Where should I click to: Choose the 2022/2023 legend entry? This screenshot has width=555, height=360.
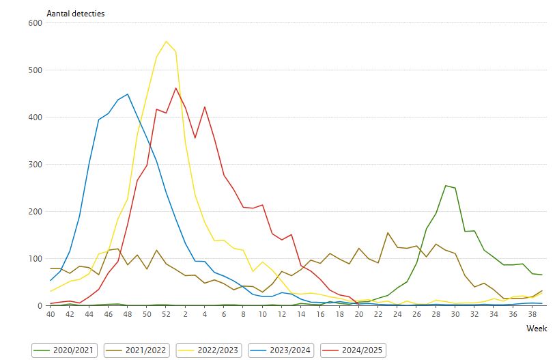point(210,350)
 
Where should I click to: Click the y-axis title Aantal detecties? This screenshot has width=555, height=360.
point(75,14)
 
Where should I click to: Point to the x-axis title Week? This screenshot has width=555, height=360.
point(536,329)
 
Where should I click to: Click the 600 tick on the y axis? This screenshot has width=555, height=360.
point(35,23)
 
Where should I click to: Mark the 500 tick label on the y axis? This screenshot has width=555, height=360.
point(35,70)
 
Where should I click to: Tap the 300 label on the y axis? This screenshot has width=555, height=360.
point(35,164)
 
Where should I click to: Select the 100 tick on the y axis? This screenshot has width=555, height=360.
point(35,258)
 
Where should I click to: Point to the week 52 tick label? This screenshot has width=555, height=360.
point(166,315)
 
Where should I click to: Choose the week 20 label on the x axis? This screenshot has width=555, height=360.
point(359,315)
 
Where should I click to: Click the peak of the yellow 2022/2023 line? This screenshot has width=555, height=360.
point(166,41)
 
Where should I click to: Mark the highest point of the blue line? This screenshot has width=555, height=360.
point(128,94)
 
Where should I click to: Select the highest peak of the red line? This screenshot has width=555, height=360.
point(176,87)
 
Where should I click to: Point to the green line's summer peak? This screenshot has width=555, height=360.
point(446,185)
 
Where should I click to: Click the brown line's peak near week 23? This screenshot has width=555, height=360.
point(388,233)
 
